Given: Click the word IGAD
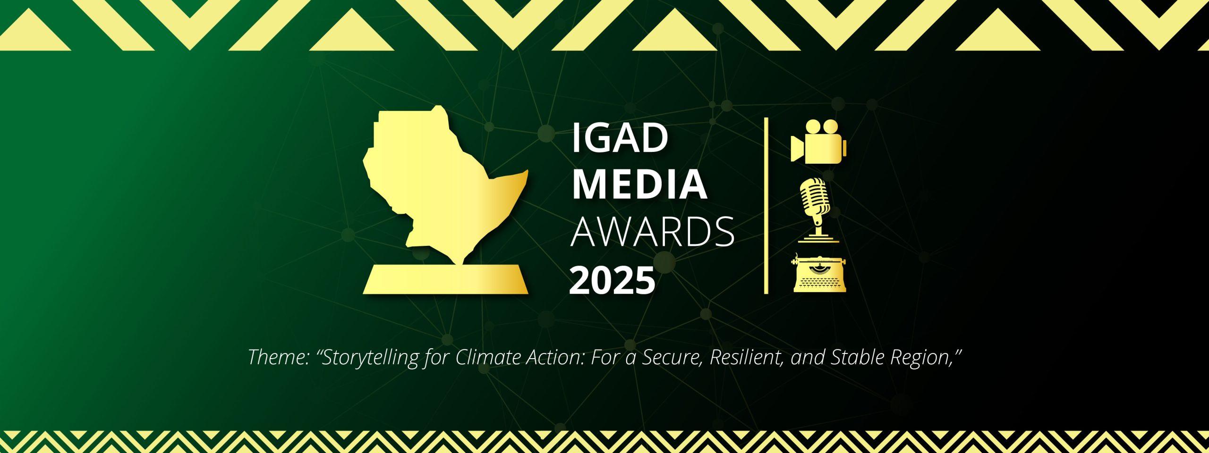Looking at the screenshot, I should [x=620, y=139].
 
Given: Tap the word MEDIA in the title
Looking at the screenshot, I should [x=640, y=185].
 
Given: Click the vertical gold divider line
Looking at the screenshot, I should [x=766, y=206].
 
